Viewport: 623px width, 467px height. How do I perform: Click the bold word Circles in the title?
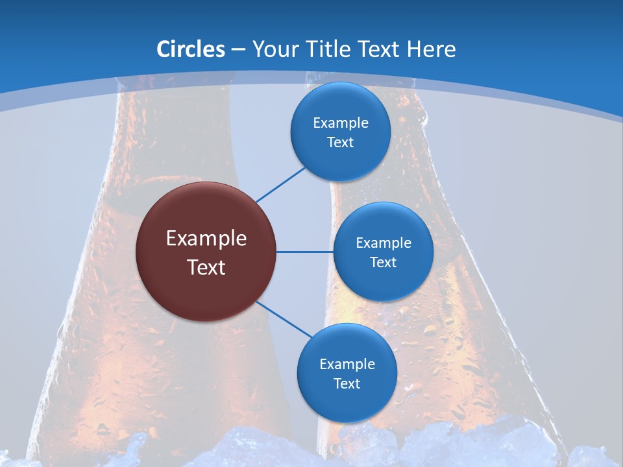point(190,49)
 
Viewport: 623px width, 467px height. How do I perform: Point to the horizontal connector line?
point(304,252)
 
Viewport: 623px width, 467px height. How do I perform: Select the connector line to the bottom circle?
point(284,320)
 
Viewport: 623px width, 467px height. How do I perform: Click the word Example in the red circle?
point(206,238)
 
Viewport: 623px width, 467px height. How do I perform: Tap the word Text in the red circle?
point(206,267)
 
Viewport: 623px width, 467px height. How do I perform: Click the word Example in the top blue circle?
point(340,123)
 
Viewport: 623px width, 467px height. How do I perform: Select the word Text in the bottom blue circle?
point(347,383)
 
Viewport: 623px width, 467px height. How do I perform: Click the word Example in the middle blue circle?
point(383,243)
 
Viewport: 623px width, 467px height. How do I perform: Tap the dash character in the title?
point(238,49)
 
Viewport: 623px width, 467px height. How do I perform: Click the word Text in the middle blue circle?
point(383,262)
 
